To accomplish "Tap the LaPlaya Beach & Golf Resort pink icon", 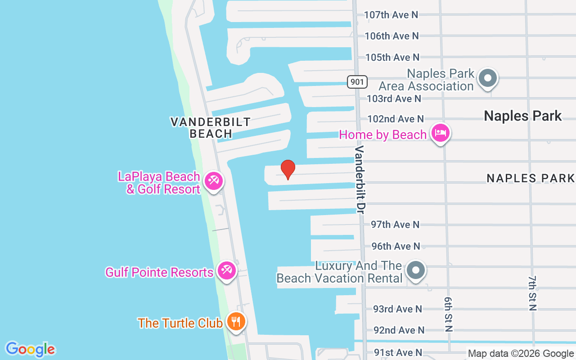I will tap(213, 181).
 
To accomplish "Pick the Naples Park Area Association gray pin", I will tap(488, 78).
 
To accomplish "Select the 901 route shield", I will tap(357, 81).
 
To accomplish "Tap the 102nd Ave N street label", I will tap(396, 119).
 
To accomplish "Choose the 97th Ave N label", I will tap(395, 225).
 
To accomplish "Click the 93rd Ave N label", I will tap(398, 309).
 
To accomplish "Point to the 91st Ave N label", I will tap(398, 352).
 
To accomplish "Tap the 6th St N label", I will tap(448, 314).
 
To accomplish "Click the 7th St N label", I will tap(533, 293).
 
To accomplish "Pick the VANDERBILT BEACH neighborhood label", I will tap(210, 127).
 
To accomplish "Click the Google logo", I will tap(30, 349).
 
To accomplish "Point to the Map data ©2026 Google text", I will tap(521, 354).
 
